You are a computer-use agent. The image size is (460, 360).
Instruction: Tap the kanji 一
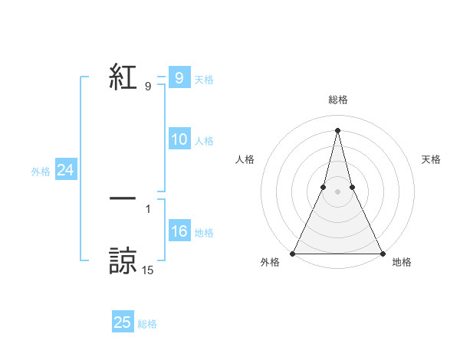click(123, 198)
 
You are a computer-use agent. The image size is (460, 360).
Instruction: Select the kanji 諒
click(123, 260)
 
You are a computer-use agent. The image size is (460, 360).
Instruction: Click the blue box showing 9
click(179, 77)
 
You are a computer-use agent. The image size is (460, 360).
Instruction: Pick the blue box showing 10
click(179, 139)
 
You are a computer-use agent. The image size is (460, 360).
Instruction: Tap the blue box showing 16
click(179, 231)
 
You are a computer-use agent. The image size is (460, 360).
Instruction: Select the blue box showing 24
click(66, 170)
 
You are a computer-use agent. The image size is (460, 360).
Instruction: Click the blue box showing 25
click(123, 322)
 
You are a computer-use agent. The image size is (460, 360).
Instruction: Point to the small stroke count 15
click(148, 270)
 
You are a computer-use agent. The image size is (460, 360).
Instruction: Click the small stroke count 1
click(148, 208)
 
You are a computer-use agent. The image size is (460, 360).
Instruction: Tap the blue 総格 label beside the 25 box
click(147, 324)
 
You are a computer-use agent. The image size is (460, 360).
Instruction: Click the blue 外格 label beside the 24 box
click(41, 172)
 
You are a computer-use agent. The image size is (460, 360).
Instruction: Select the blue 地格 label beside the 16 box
click(204, 233)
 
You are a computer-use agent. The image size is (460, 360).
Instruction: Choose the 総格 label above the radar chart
click(338, 100)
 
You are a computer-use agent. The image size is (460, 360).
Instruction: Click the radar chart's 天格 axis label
click(432, 159)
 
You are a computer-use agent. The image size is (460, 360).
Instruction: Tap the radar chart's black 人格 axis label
click(245, 159)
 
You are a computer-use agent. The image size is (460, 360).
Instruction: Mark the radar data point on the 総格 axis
click(338, 129)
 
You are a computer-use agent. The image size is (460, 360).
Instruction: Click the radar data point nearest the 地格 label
click(382, 254)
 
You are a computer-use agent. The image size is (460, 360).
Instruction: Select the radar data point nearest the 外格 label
click(294, 254)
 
